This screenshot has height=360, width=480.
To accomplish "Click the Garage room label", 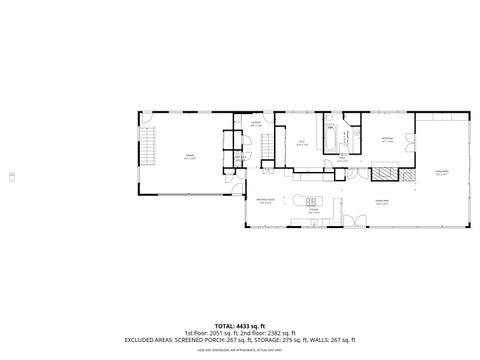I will pos(189,155).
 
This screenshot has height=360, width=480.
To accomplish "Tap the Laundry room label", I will pos(256,124).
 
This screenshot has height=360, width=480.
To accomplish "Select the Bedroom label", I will pos(387,140).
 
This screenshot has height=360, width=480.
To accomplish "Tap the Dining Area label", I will pos(381,203).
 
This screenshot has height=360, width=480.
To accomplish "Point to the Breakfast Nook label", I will pos(266,203).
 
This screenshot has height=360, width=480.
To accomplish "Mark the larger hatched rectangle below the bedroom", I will pos(383,172).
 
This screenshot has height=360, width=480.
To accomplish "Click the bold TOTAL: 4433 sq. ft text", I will pos(239,325).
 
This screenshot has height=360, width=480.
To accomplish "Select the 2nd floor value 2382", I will pos(285,332).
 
